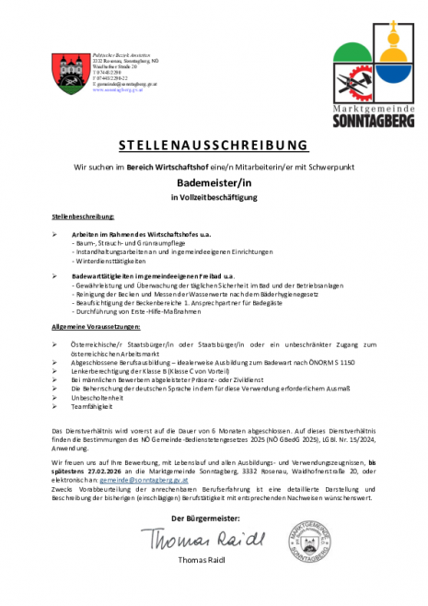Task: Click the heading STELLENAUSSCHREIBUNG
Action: pyautogui.click(x=214, y=145)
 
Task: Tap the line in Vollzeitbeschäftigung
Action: pyautogui.click(x=214, y=197)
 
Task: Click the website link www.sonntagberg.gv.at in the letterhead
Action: pyautogui.click(x=118, y=91)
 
